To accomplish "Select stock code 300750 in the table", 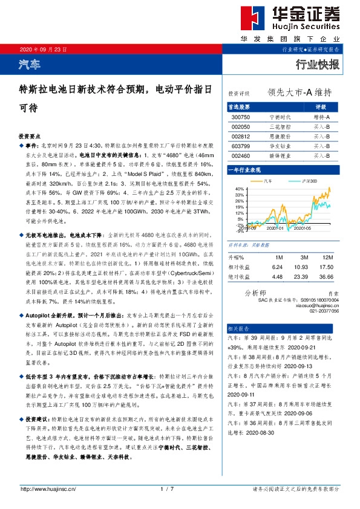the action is [x=240, y=117].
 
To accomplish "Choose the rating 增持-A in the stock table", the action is [x=321, y=117].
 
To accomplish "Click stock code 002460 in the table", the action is [x=240, y=155].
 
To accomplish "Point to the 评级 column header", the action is [x=321, y=106].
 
